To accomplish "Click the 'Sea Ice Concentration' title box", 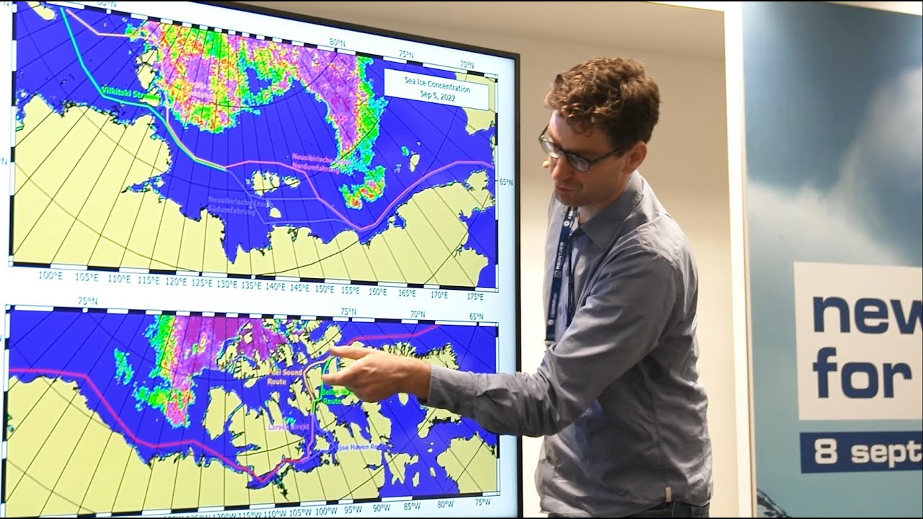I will [x=437, y=89].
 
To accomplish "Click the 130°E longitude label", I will [x=226, y=283].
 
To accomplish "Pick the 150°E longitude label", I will [x=324, y=288].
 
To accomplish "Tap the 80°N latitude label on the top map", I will [x=336, y=43].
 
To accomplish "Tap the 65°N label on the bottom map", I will [x=477, y=316].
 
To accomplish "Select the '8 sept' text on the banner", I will [x=865, y=452].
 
